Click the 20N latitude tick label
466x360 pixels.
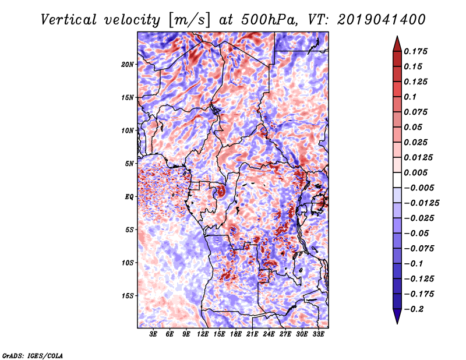click(128, 65)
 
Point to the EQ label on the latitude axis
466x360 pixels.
click(129, 197)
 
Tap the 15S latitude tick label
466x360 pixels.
click(128, 296)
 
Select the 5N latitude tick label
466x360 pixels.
click(129, 164)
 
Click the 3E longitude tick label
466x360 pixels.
click(153, 334)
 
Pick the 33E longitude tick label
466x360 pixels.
click(318, 334)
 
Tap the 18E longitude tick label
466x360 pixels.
click(236, 334)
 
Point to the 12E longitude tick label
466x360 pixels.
click(203, 334)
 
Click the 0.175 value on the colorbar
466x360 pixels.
click(415, 51)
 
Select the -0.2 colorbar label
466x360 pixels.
click(414, 309)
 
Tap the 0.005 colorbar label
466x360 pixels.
click(415, 172)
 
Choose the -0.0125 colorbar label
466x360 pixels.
click(421, 203)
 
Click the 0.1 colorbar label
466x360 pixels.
click(410, 97)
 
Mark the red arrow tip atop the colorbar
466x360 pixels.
click(397, 36)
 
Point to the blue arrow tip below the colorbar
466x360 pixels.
click(397, 323)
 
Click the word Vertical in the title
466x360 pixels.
click(69, 20)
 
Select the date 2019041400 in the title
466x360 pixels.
click(382, 20)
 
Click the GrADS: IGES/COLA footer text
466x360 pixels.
click(33, 355)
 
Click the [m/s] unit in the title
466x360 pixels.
click(189, 20)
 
